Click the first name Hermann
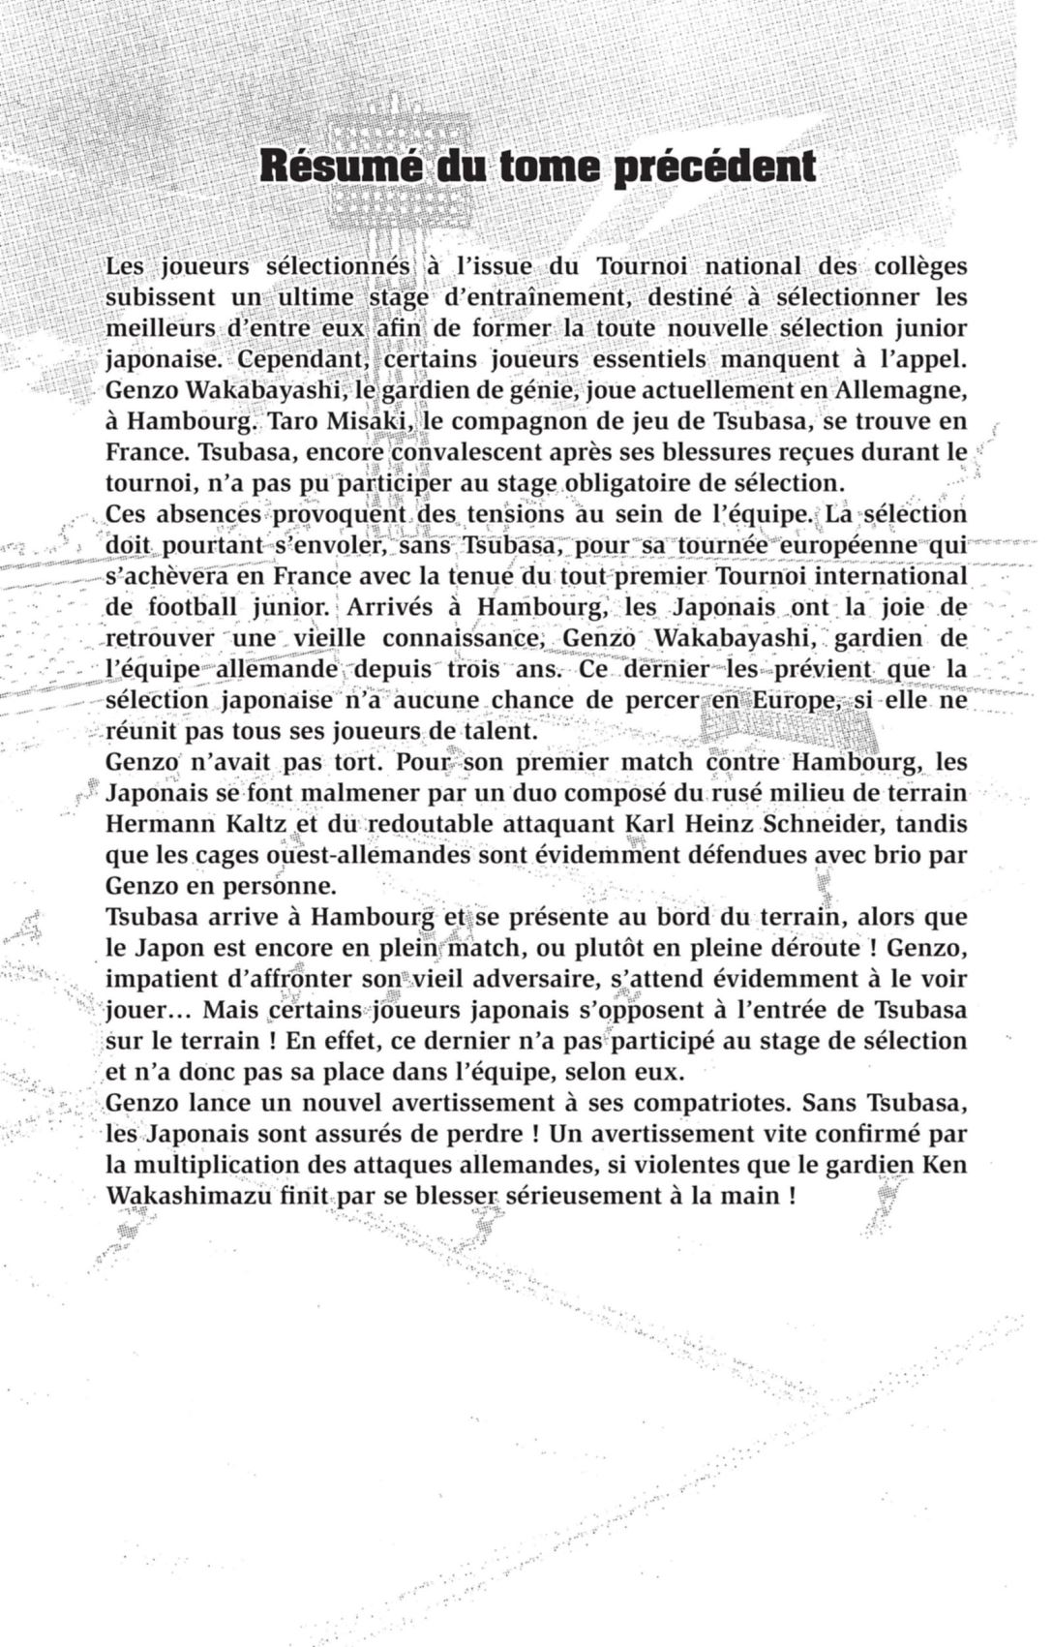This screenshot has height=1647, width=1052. coord(151,824)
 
